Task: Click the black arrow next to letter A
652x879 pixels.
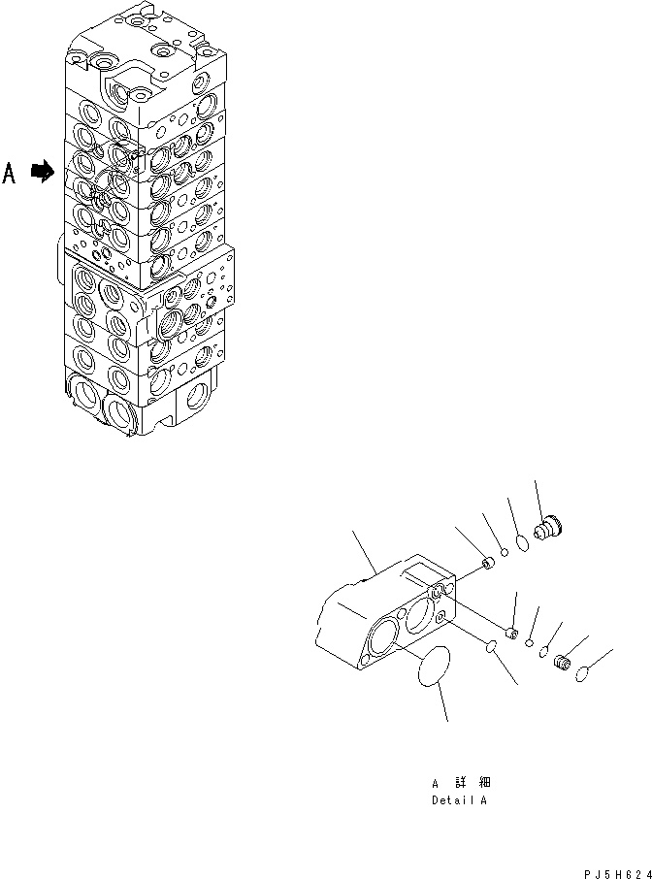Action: click(41, 172)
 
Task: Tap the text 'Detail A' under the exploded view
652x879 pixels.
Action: click(460, 801)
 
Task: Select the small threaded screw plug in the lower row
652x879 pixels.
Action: click(560, 663)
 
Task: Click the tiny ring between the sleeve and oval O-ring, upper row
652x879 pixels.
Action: click(505, 554)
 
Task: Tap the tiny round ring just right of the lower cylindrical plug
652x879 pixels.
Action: click(529, 641)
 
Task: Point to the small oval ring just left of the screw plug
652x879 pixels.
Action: click(543, 653)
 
